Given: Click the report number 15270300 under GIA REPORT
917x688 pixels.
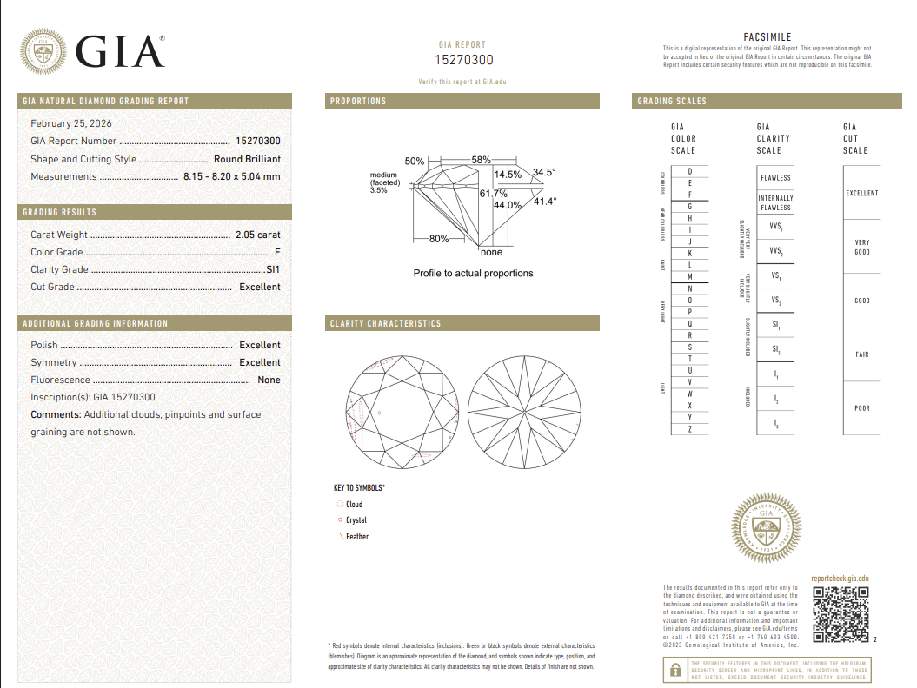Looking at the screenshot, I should point(463,60).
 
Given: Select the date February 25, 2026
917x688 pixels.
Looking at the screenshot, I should point(71,123).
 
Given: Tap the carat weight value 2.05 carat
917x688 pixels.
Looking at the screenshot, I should point(257,235).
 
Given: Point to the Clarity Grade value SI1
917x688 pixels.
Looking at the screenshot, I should point(273,269).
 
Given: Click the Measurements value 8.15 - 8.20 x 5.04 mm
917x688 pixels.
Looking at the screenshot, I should point(231,176).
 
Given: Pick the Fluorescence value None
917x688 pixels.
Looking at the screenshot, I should point(269,380).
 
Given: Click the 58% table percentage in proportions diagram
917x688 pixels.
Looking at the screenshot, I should point(481,161).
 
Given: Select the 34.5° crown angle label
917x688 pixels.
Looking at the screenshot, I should point(544,172).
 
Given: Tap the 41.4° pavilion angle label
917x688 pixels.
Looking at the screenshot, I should point(544,202).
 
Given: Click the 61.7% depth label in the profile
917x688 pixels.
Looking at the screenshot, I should point(493,194).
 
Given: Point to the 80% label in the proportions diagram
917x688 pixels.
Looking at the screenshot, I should point(439,238).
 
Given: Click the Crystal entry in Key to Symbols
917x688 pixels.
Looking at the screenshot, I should point(356,520).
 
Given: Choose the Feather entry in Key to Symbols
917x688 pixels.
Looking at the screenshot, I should point(356,537).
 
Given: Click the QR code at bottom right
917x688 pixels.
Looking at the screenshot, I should point(841,615).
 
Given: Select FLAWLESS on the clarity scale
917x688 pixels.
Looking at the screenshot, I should point(775,178).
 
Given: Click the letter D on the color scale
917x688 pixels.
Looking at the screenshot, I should point(690,172).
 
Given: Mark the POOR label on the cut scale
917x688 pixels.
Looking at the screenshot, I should point(861,408).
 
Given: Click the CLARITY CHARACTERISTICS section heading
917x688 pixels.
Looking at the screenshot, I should point(386,323).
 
